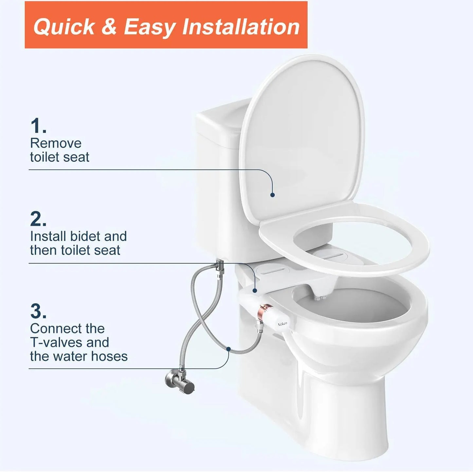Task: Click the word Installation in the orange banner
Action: click(241, 27)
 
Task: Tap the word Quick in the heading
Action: click(64, 27)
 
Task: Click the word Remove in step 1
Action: click(56, 143)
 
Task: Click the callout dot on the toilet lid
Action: click(272, 195)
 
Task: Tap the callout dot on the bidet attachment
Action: click(255, 290)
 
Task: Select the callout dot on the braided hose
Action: click(228, 349)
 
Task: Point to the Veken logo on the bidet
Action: click(282, 323)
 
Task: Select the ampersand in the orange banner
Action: click(109, 27)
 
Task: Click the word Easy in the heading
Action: click(149, 27)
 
